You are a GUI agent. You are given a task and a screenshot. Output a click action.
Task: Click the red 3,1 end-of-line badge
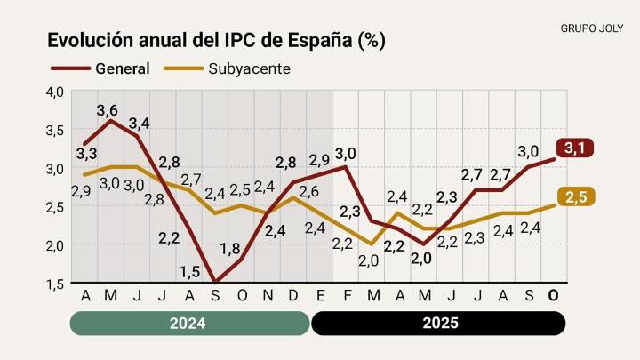[x=574, y=148]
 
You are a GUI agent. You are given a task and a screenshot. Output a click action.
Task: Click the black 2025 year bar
[x=437, y=323]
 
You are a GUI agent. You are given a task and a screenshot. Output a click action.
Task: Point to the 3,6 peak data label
[x=108, y=111]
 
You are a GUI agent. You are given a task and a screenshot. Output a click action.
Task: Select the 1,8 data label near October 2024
[x=229, y=249]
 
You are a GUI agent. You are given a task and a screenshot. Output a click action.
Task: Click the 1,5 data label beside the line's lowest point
[x=189, y=272]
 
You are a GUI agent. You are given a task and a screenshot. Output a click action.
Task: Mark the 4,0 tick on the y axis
[x=55, y=92]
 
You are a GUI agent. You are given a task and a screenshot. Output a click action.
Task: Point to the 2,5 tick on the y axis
[x=55, y=207]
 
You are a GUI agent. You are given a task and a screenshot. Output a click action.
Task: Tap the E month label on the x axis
[x=320, y=295]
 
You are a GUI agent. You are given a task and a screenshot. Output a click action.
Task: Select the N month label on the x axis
[x=268, y=295]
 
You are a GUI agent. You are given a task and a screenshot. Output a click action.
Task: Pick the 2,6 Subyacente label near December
[x=308, y=191]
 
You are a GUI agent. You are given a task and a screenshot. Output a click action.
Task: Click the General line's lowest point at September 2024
[x=216, y=283]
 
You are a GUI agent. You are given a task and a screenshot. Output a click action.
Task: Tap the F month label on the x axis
[x=346, y=295]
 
